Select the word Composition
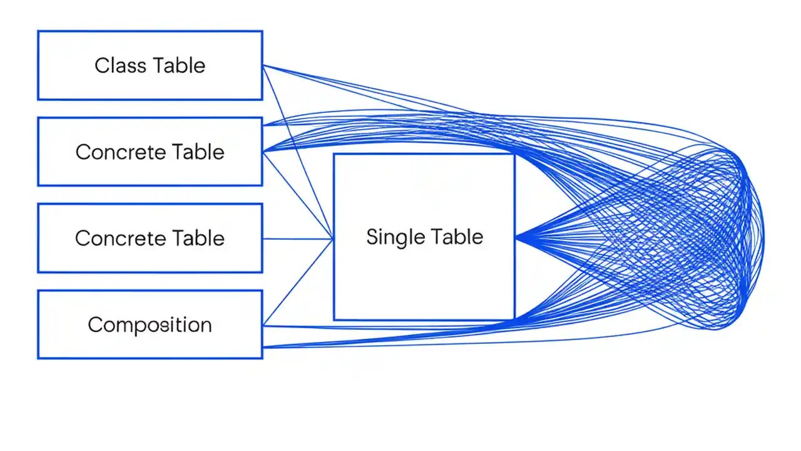tap(150, 324)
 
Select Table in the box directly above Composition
tap(198, 239)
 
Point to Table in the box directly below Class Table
tap(198, 152)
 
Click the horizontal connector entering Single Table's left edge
tap(297, 239)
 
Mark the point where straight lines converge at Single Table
tap(332, 239)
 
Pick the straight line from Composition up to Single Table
tap(297, 283)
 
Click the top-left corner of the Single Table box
tap(334, 155)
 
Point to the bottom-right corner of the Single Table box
tap(514, 319)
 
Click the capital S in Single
tap(372, 237)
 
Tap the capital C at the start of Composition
tap(94, 324)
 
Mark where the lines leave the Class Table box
tap(263, 65)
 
